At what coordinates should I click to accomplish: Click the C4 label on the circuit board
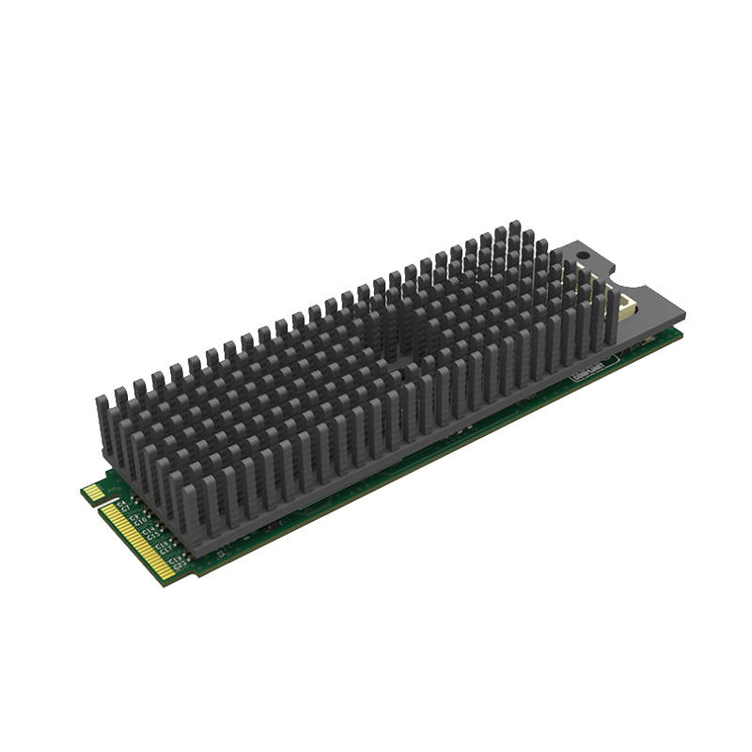(120, 504)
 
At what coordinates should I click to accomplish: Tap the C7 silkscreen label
(126, 509)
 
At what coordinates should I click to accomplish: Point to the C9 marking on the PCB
(133, 517)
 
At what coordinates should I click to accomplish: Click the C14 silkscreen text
(148, 531)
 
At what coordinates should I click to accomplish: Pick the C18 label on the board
(161, 545)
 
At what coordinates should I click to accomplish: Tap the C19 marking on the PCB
(174, 560)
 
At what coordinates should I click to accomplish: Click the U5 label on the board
(221, 554)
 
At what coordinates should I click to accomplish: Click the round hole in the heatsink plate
(584, 255)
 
